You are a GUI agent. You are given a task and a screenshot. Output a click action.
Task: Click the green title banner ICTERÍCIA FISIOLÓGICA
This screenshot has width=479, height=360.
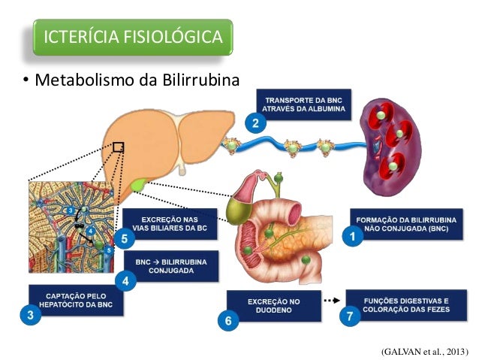pyautogui.click(x=133, y=37)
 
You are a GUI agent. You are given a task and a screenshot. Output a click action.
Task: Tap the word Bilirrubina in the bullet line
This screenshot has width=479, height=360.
pyautogui.click(x=200, y=80)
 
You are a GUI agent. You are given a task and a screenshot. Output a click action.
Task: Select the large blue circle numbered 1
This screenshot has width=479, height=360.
pyautogui.click(x=353, y=236)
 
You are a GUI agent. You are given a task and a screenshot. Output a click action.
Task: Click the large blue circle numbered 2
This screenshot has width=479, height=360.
pyautogui.click(x=256, y=123)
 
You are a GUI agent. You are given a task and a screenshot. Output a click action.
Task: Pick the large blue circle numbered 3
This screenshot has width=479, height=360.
pyautogui.click(x=31, y=314)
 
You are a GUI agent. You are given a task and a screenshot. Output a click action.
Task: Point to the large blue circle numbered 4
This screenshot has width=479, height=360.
pyautogui.click(x=125, y=281)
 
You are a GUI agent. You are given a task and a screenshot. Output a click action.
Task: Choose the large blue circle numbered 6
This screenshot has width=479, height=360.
pyautogui.click(x=228, y=321)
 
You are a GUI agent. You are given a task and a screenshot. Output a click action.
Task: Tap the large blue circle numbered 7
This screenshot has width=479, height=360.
pyautogui.click(x=350, y=316)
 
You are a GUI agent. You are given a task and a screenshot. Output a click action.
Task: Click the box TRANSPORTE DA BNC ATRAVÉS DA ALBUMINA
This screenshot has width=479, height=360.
pyautogui.click(x=303, y=104)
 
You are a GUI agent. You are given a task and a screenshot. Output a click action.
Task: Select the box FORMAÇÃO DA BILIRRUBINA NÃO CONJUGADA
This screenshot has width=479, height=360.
pyautogui.click(x=406, y=224)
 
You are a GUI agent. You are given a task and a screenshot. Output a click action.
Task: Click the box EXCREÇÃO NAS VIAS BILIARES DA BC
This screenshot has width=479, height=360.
pyautogui.click(x=170, y=224)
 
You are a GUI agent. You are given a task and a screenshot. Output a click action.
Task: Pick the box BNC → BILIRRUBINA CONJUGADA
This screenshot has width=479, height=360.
pyautogui.click(x=171, y=266)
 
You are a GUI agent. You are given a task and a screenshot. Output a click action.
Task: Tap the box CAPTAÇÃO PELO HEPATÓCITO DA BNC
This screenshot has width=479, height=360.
pyautogui.click(x=76, y=301)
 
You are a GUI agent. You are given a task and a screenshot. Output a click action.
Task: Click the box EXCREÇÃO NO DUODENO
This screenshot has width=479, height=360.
pyautogui.click(x=274, y=306)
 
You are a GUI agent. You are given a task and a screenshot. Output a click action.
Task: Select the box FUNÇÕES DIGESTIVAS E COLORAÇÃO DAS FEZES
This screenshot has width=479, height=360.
pyautogui.click(x=406, y=305)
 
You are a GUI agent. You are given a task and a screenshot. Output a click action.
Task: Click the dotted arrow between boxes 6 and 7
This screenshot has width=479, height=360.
pyautogui.click(x=332, y=301)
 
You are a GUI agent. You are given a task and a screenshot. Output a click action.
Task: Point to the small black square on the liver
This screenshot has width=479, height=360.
pyautogui.click(x=118, y=147)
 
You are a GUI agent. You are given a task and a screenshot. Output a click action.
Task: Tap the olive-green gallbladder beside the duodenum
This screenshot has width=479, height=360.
pyautogui.click(x=239, y=210)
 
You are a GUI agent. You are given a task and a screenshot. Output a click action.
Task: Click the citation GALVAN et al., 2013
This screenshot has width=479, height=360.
pyautogui.click(x=425, y=352)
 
